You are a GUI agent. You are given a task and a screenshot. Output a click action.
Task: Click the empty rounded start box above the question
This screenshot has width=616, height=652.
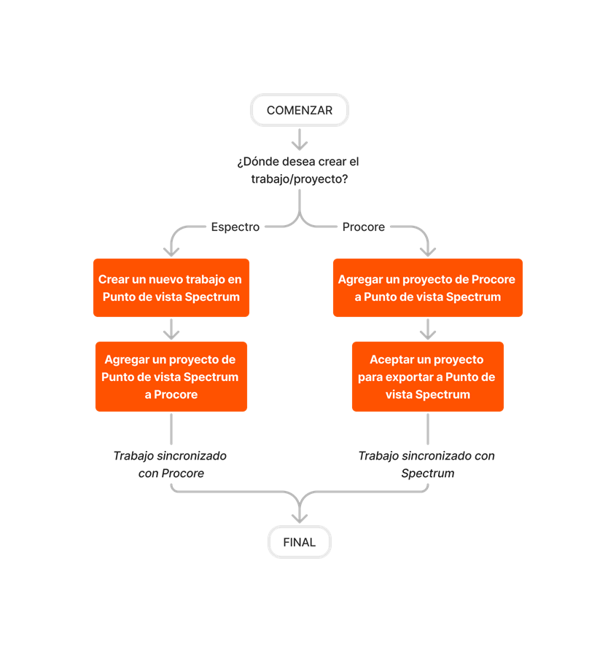(300, 110)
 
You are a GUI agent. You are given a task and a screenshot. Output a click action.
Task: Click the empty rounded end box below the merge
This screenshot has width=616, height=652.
(300, 542)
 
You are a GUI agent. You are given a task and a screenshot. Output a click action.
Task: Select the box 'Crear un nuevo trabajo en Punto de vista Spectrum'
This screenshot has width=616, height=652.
(171, 288)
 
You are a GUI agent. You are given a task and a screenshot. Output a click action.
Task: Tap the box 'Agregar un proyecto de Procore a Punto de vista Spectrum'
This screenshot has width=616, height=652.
(428, 288)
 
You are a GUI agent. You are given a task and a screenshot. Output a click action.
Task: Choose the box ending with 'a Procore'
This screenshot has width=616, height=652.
(171, 377)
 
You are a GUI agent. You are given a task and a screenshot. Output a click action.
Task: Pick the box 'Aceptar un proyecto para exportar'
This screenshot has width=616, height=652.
(428, 377)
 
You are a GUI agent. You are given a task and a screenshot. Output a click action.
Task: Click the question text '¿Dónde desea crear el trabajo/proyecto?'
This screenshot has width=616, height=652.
(298, 170)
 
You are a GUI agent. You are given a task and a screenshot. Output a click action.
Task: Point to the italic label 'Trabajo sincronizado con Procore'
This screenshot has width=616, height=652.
(171, 464)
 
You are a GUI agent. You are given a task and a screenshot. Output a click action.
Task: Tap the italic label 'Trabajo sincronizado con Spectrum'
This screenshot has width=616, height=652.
(427, 464)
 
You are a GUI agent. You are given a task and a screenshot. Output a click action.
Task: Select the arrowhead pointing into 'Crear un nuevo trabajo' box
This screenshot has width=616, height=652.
(171, 249)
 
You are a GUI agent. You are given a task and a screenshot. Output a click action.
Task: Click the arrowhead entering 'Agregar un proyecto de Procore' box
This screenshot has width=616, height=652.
(428, 249)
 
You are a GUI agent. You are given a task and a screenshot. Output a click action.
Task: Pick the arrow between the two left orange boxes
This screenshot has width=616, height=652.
(171, 329)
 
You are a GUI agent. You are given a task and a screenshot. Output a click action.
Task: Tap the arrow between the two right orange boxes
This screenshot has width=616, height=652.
(428, 329)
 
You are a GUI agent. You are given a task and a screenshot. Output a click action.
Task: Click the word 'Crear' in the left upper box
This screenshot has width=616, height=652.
(113, 280)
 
